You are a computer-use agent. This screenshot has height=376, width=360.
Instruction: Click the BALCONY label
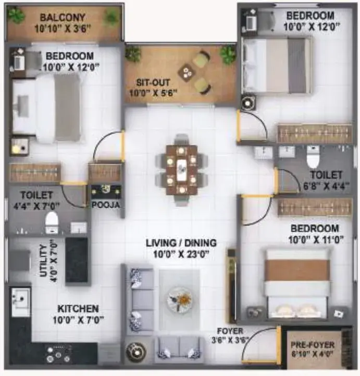(x=63, y=18)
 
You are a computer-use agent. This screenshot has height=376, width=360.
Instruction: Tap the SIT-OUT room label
(x=153, y=83)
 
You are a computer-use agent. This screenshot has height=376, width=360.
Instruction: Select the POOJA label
(x=106, y=205)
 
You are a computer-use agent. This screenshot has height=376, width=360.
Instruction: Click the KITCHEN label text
(x=78, y=309)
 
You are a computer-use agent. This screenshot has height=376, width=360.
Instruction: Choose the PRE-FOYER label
(x=313, y=345)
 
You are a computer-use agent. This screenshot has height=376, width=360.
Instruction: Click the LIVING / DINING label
(x=181, y=243)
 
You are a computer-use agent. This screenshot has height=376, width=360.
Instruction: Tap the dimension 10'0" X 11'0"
(x=316, y=239)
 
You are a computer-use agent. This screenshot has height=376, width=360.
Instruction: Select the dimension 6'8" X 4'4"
(x=326, y=186)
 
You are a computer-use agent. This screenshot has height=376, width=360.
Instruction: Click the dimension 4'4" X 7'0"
(x=36, y=206)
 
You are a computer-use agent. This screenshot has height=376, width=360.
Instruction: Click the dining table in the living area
(x=181, y=170)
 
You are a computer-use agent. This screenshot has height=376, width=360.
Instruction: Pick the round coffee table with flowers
(x=180, y=300)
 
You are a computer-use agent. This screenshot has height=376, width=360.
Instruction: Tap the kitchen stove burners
(x=58, y=354)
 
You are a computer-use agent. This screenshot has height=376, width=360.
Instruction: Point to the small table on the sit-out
(x=187, y=72)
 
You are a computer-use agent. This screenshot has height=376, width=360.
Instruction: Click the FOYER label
(x=230, y=331)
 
